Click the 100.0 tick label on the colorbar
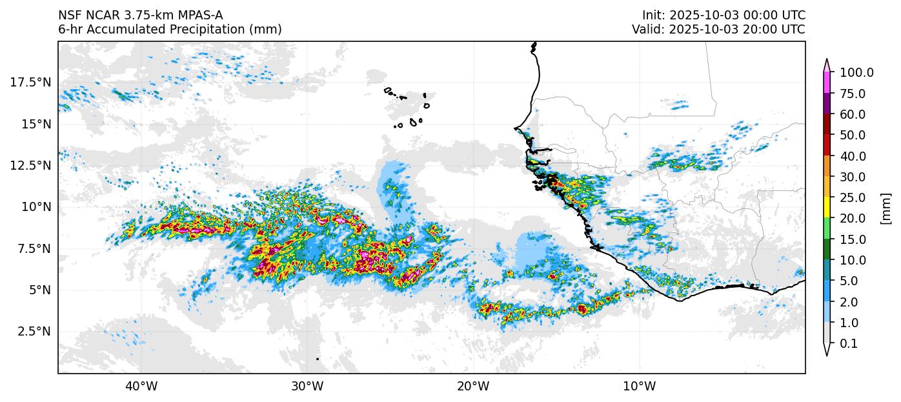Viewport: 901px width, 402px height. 856,73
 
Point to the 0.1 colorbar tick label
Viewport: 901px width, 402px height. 849,344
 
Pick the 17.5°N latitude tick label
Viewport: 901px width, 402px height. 30,82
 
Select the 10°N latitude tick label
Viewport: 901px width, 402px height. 34,206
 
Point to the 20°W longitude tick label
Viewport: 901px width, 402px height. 474,387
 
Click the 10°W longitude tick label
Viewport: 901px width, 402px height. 640,387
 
